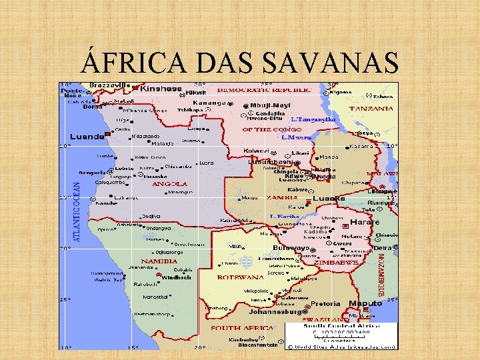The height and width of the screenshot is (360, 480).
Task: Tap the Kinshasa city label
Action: coord(161,88)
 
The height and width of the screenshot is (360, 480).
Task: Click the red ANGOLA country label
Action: coord(170,184)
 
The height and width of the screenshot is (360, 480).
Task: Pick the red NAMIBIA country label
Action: coord(159,261)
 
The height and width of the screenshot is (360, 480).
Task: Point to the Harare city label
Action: coord(364,222)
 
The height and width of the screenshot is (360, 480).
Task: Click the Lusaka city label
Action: coord(329,199)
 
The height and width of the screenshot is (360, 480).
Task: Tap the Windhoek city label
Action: coord(177,277)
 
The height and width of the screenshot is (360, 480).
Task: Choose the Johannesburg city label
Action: coord(275,311)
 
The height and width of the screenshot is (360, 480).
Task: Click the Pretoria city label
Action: coord(325,304)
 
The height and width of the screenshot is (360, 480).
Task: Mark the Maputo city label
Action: coord(366,303)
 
